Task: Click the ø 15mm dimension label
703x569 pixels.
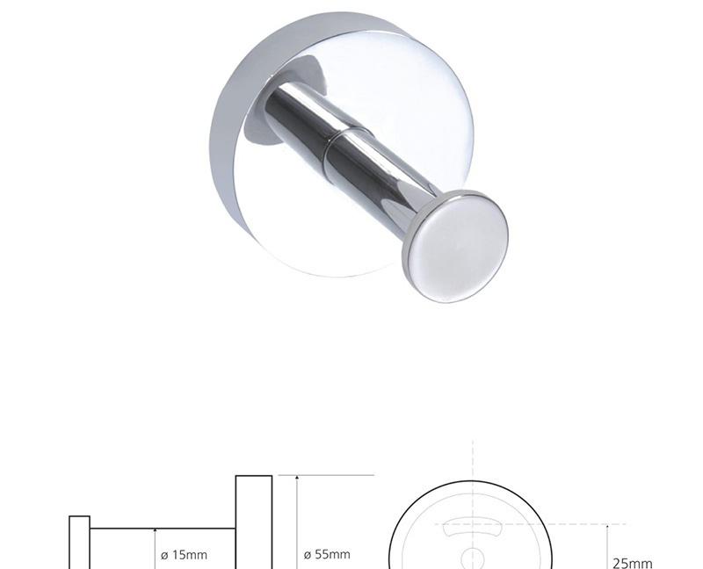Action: (184, 555)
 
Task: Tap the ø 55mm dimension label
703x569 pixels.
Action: (327, 555)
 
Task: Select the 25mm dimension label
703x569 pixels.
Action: (633, 563)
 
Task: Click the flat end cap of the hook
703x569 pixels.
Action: (455, 247)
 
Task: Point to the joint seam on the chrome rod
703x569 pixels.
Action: (347, 133)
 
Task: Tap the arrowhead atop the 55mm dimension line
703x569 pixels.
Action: (297, 479)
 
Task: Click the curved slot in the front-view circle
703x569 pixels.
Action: (471, 526)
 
